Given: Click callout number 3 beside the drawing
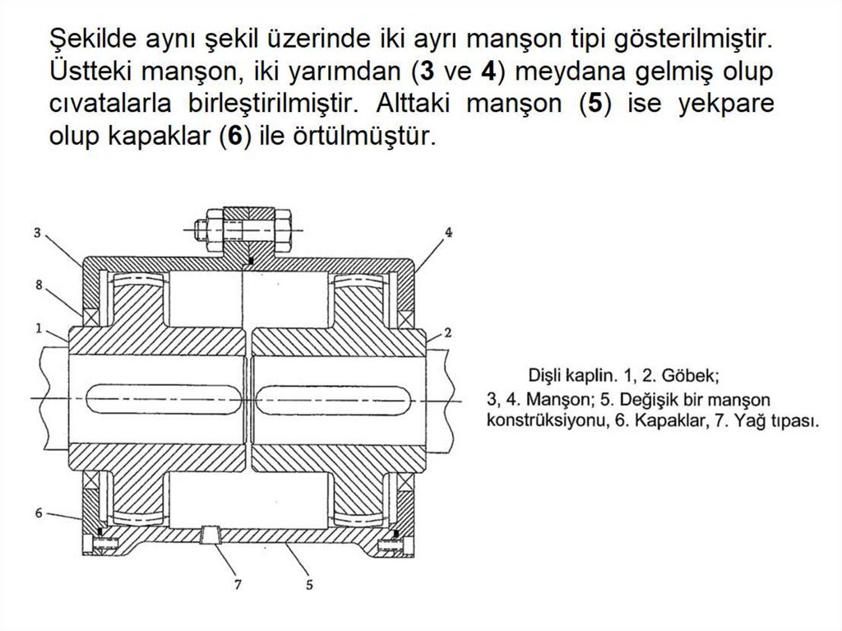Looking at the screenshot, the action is (37, 232).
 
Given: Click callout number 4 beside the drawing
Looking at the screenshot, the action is (448, 232).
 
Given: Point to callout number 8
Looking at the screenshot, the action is (37, 285).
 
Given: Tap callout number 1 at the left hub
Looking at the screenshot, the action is (37, 327).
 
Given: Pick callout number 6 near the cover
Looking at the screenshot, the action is (38, 512).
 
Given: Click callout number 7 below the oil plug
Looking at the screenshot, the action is (238, 585).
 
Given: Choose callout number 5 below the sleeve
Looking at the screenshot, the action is (309, 585).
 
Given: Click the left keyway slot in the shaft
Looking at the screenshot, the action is (166, 400).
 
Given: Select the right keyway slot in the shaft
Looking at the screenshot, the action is (332, 400).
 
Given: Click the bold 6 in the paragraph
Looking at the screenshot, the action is (234, 137).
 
